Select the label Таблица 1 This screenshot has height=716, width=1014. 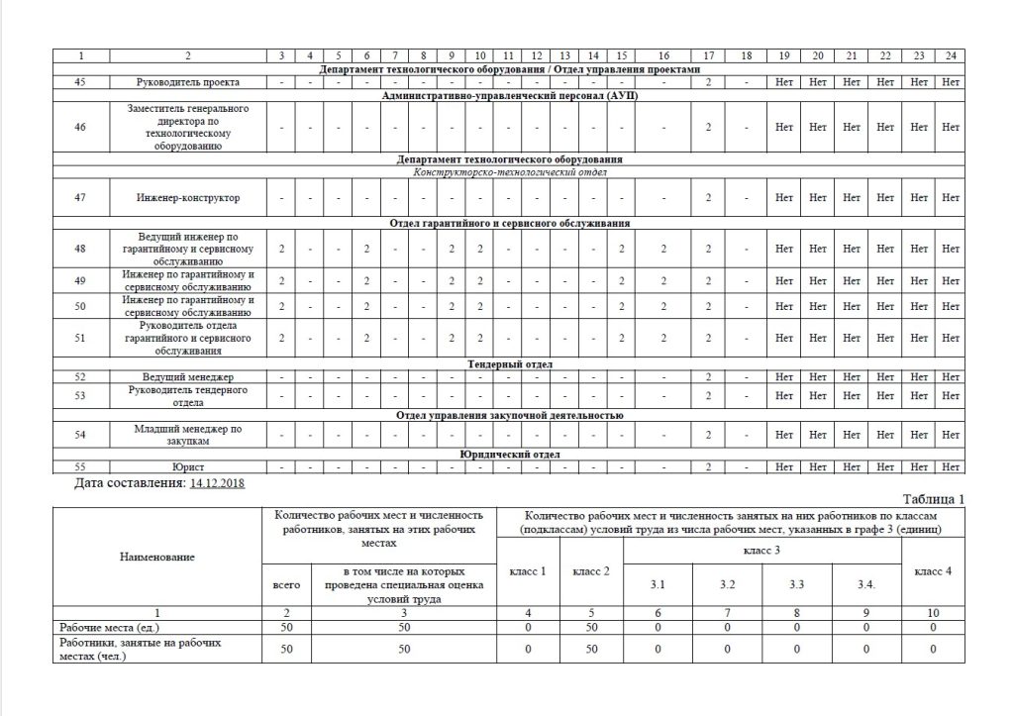[933, 498]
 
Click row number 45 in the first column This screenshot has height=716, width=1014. [80, 82]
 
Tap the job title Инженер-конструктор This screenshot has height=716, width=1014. [188, 198]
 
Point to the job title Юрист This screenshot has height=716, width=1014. [188, 466]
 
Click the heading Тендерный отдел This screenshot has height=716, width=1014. [509, 364]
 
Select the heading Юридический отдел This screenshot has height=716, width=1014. [509, 455]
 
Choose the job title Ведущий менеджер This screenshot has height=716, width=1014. [188, 377]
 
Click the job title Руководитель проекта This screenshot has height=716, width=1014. [188, 82]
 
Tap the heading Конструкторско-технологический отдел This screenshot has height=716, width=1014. [509, 171]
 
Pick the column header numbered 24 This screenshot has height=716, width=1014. [951, 54]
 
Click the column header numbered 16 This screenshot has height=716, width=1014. [664, 54]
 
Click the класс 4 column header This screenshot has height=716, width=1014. [933, 571]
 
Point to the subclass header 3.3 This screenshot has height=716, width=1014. [796, 584]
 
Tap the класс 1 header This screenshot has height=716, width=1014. [528, 571]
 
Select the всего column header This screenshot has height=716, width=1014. [284, 585]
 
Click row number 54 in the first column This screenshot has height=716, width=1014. [80, 435]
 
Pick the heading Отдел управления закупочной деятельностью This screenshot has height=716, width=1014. [509, 416]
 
